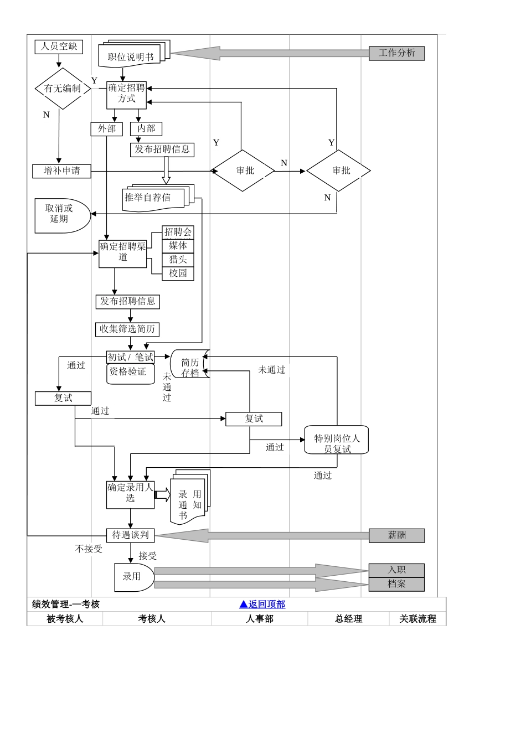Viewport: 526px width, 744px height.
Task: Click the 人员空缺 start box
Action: (x=59, y=46)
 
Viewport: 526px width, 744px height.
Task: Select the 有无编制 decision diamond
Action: (x=63, y=89)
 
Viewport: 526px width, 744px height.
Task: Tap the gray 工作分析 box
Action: (x=396, y=53)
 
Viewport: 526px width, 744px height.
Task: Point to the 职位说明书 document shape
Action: (x=131, y=56)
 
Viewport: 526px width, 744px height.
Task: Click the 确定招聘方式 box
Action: (x=126, y=94)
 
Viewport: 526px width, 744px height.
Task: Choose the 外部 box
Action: (x=106, y=129)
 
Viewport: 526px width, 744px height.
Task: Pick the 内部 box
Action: (x=146, y=129)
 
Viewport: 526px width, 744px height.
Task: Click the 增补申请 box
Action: (x=61, y=171)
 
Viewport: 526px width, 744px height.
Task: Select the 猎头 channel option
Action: (x=178, y=260)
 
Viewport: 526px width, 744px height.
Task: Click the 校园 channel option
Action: (x=178, y=273)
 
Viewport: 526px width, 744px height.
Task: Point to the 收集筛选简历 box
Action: (x=127, y=329)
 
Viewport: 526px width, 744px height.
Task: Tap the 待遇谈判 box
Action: (x=130, y=535)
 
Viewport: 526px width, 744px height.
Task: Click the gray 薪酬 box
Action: (x=396, y=535)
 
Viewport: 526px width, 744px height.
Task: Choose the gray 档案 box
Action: (x=396, y=584)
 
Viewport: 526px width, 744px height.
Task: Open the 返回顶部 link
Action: (x=262, y=604)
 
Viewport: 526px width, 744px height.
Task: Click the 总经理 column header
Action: (x=348, y=619)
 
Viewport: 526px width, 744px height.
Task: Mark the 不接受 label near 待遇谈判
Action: (x=89, y=549)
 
